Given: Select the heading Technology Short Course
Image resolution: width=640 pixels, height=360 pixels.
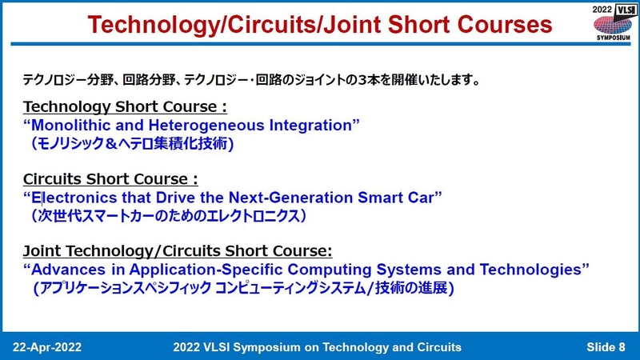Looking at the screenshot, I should (x=126, y=107).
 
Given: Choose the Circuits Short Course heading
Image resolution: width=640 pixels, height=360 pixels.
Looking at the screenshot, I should (x=110, y=178).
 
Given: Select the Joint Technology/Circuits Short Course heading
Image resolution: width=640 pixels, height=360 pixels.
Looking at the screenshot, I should (x=178, y=250).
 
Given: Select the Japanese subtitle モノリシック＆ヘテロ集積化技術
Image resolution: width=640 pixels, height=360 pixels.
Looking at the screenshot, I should (x=131, y=144).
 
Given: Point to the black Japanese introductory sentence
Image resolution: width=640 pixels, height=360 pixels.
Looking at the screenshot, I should (x=251, y=81).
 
